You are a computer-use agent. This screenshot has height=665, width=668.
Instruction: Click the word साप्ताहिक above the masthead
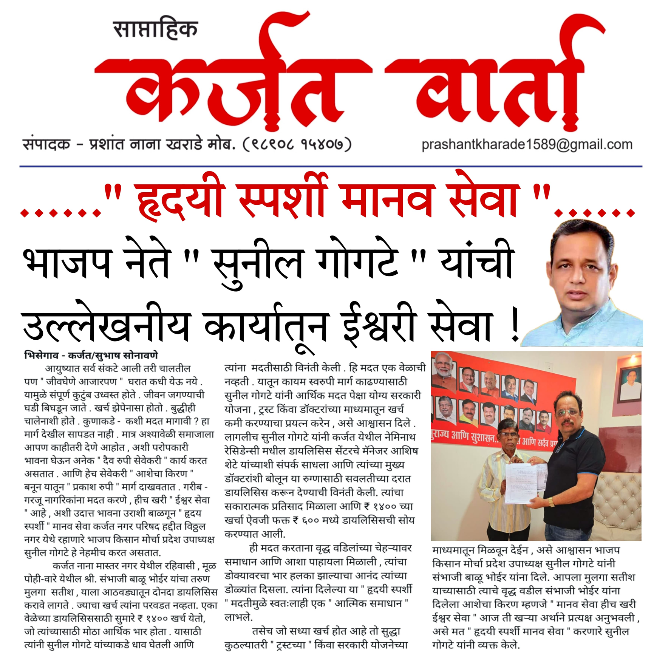pos(155,29)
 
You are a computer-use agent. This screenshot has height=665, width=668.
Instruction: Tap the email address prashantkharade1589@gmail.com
pos(527,144)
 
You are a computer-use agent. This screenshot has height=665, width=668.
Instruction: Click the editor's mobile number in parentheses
pos(297,144)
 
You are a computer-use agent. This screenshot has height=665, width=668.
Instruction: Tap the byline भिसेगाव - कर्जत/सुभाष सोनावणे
pos(91,355)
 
